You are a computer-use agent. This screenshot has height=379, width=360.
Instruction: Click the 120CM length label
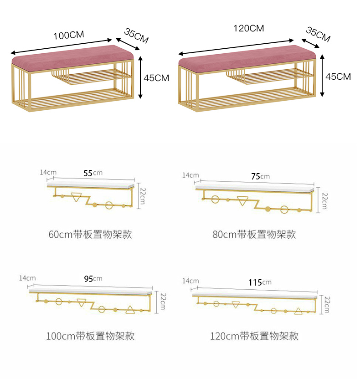249,28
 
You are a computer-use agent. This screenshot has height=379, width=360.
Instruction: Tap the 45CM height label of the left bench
156,78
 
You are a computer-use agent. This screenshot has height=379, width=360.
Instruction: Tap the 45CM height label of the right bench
338,76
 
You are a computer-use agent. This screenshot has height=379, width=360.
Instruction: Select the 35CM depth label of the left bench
136,36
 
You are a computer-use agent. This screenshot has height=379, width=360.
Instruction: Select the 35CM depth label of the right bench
318,34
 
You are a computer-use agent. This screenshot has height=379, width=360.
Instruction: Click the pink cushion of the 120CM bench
246,58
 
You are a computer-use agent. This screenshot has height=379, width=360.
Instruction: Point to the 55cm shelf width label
93,173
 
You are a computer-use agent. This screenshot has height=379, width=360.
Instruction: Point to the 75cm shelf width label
260,176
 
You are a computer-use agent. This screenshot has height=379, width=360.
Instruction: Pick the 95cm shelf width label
93,278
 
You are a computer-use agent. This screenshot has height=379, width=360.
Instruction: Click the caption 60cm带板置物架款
90,235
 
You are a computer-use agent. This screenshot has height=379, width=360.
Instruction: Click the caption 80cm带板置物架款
254,235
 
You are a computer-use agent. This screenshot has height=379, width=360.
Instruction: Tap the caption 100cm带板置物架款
90,337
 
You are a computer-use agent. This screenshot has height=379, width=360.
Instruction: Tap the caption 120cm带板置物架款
254,337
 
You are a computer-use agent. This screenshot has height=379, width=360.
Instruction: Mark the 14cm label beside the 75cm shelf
190,175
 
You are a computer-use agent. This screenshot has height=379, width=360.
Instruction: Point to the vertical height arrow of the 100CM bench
141,77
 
